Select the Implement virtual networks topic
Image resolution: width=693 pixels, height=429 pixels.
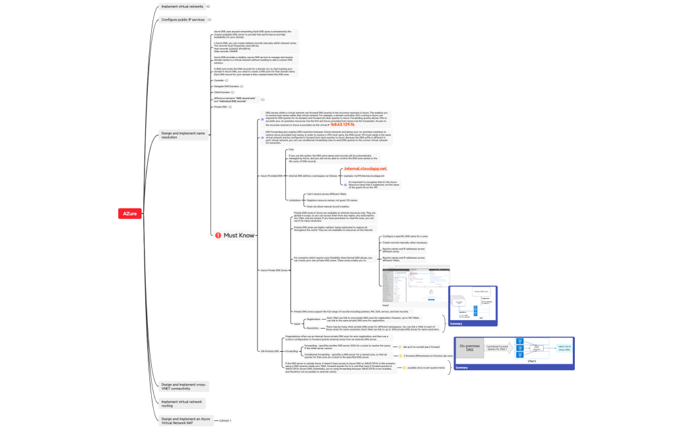[x=182, y=7]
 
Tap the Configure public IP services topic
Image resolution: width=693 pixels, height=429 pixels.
[x=183, y=20]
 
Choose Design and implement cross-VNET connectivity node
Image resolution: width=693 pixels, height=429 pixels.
[x=183, y=385]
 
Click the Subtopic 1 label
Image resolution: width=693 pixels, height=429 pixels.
[x=226, y=420]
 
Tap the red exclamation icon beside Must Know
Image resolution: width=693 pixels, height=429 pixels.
[x=218, y=235]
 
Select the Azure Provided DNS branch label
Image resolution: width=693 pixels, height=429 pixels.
[x=272, y=176]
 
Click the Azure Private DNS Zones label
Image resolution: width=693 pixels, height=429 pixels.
[x=273, y=271]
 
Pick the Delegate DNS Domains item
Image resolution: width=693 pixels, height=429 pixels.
[x=225, y=86]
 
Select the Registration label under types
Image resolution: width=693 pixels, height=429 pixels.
[x=313, y=319]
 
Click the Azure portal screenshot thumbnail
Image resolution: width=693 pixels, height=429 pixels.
[x=416, y=281]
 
